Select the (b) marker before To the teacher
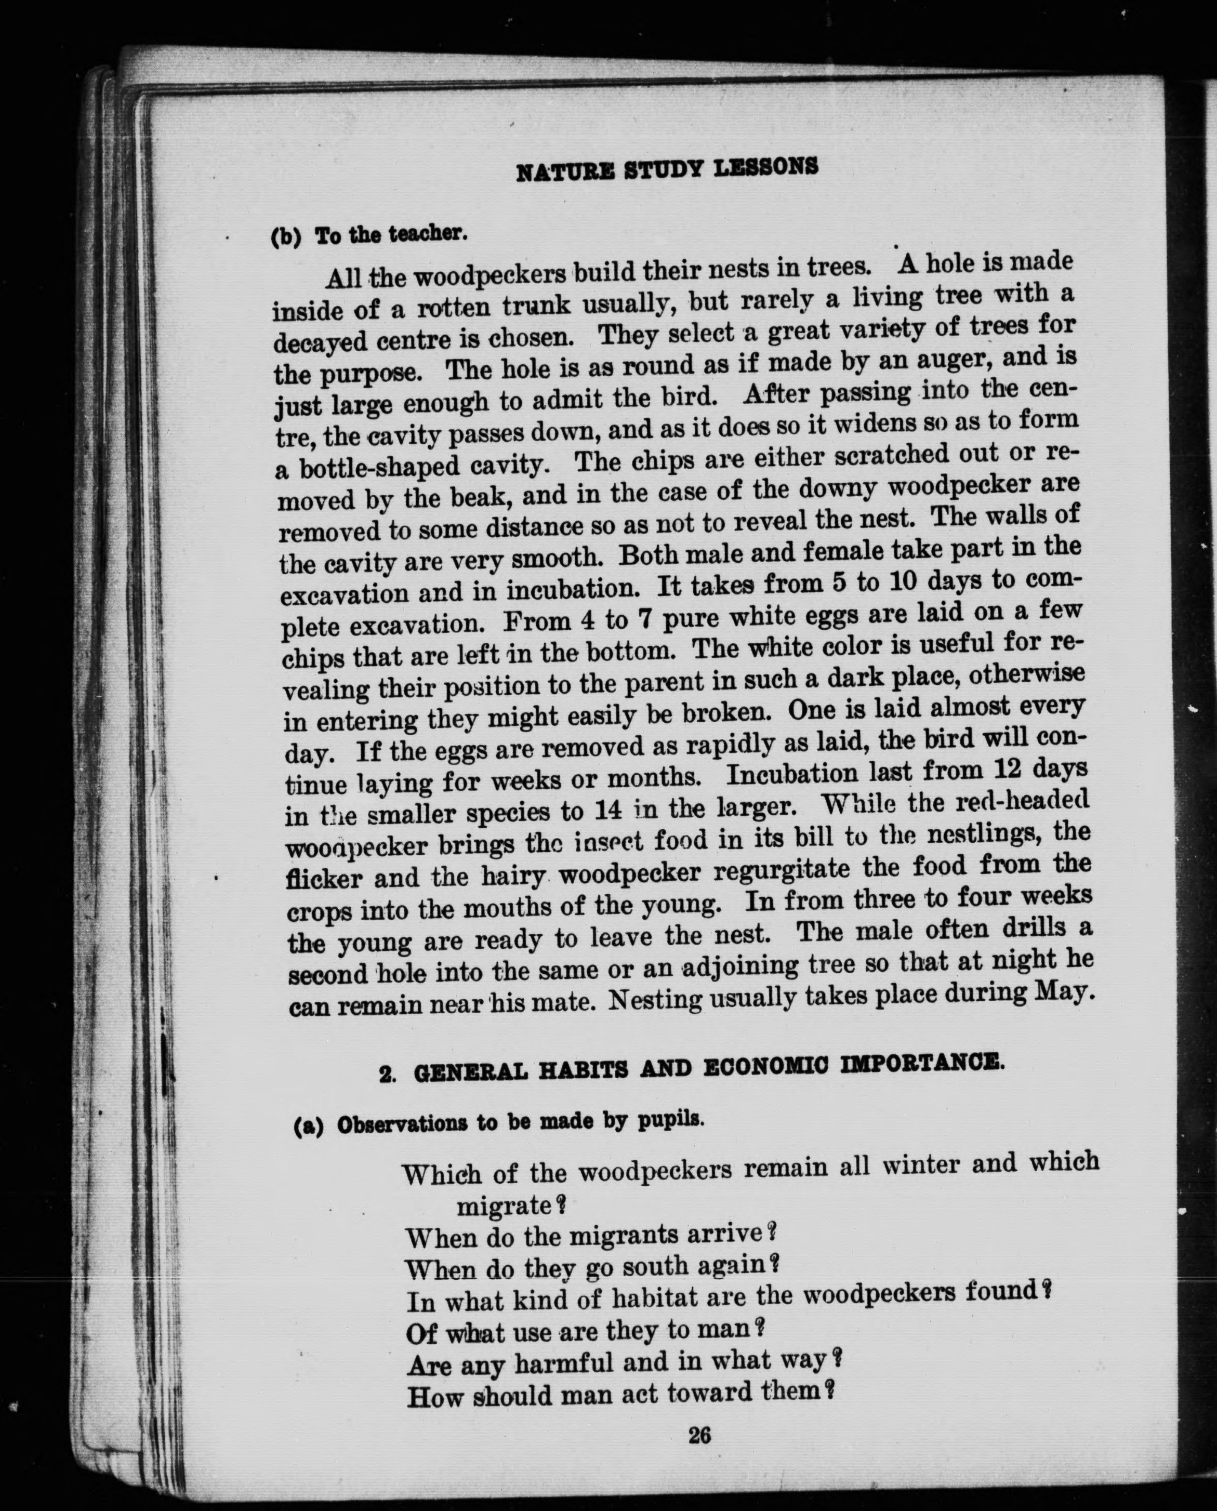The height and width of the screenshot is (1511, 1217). pos(286,237)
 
